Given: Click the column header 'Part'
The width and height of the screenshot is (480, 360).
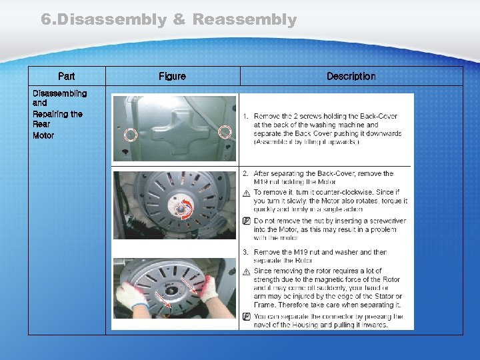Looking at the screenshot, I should [x=67, y=77].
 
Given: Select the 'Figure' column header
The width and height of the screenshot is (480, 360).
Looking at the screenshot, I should [x=172, y=77].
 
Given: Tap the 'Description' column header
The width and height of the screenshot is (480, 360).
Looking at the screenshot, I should [x=351, y=77].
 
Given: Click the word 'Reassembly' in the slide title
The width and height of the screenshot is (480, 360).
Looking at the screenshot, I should [x=244, y=20].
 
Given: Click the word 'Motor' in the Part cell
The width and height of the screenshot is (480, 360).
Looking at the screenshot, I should [x=43, y=135].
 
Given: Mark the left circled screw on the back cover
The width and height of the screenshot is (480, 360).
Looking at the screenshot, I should [x=131, y=135].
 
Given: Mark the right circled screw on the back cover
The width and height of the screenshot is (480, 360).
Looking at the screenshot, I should [x=225, y=132].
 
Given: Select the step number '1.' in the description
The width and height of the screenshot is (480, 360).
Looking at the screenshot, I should [x=246, y=117].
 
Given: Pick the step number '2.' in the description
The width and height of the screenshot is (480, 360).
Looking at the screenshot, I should [x=246, y=174].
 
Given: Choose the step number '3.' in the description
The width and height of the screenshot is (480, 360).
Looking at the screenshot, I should [x=246, y=253].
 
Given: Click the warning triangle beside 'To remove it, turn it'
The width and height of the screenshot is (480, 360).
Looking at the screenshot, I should [x=247, y=193].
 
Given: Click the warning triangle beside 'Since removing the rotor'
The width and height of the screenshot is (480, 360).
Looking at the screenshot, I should [x=247, y=271].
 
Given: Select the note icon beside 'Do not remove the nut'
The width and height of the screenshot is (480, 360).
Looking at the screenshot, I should [x=247, y=221].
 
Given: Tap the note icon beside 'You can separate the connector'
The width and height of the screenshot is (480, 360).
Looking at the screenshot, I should [x=247, y=317].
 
